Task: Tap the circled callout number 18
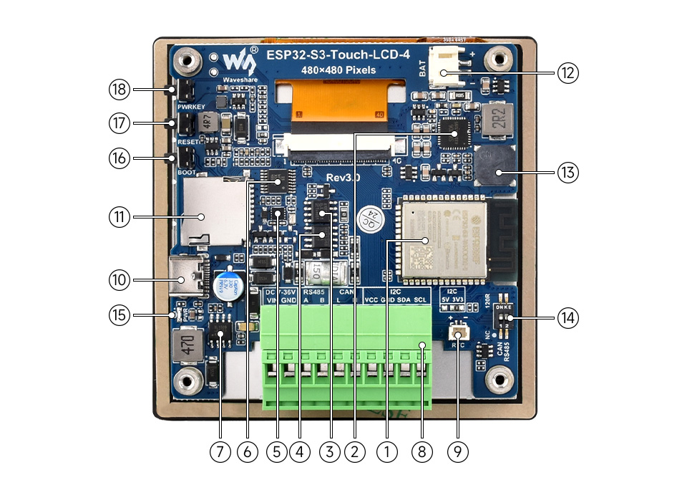pyautogui.click(x=119, y=90)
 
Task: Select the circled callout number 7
pyautogui.click(x=219, y=451)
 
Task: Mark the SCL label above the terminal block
pyautogui.click(x=421, y=300)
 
